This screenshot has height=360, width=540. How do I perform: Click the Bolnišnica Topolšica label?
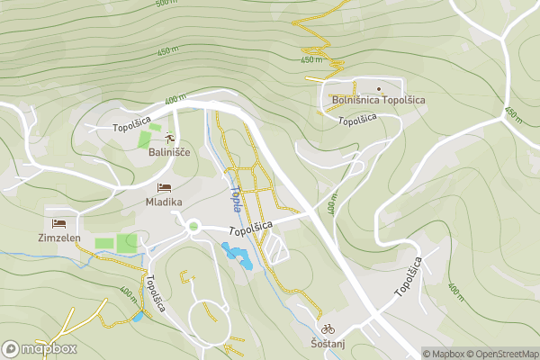pyautogui.click(x=379, y=101)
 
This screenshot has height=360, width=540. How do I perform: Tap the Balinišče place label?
pyautogui.click(x=169, y=152)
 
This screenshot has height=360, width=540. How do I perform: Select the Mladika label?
pyautogui.click(x=165, y=202)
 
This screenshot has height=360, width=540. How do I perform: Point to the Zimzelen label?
pyautogui.click(x=59, y=238)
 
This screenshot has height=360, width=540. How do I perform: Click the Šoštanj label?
pyautogui.click(x=328, y=344)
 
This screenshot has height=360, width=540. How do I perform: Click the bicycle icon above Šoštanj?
pyautogui.click(x=328, y=328)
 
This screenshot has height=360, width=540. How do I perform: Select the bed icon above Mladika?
pyautogui.click(x=164, y=187)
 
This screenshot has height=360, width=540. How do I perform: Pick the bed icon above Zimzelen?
pyautogui.click(x=59, y=222)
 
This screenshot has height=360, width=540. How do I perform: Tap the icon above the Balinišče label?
pyautogui.click(x=169, y=137)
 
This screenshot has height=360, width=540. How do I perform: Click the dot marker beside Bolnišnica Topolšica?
pyautogui.click(x=379, y=88)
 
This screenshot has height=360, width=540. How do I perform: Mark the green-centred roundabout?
pyautogui.click(x=193, y=226)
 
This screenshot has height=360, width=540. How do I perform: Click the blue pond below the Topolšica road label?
pyautogui.click(x=237, y=257)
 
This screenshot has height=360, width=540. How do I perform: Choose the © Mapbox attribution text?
pyautogui.click(x=443, y=354)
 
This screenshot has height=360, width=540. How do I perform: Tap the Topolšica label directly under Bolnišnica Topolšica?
pyautogui.click(x=356, y=120)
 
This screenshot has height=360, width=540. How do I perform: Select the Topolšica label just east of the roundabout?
pyautogui.click(x=250, y=231)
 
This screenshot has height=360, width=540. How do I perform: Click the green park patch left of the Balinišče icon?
pyautogui.click(x=144, y=139)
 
